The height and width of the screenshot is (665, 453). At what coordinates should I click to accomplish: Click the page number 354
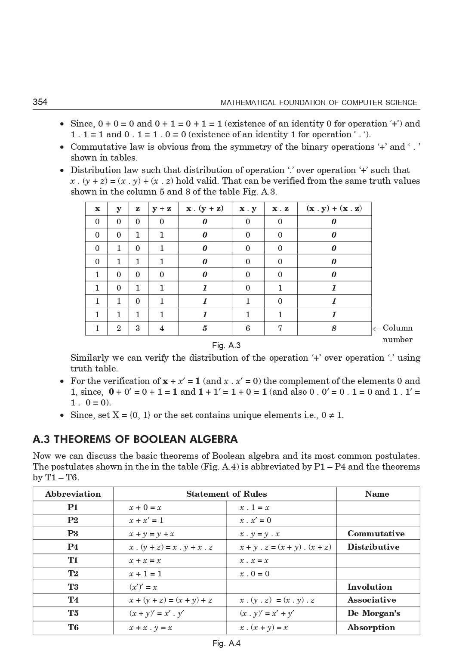click(x=40, y=102)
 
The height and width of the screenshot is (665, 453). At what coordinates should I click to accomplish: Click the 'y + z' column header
click(x=162, y=209)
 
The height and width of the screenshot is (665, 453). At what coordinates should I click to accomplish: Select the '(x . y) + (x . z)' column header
click(x=334, y=209)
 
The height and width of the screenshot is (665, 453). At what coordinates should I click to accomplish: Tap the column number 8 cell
click(x=334, y=328)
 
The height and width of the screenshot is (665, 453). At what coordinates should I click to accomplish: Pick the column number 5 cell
click(x=205, y=328)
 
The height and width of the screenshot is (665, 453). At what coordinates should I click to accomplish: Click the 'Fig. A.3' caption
click(x=226, y=346)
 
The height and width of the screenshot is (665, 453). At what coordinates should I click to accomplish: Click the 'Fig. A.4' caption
click(x=226, y=643)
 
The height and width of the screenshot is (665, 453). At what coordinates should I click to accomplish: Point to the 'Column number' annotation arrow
click(x=377, y=329)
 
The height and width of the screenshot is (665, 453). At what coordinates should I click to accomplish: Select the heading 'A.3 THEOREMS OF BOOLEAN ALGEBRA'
click(x=135, y=439)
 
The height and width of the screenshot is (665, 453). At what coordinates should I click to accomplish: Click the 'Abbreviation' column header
click(x=73, y=494)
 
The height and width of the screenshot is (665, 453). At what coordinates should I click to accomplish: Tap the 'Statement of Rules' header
click(x=226, y=494)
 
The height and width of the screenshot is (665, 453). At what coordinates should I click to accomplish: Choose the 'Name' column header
click(x=377, y=494)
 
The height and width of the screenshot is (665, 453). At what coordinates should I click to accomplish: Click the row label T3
click(x=73, y=587)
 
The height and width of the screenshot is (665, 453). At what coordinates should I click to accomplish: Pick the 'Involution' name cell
click(x=370, y=587)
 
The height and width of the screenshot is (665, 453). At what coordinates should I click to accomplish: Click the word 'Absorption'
click(x=371, y=628)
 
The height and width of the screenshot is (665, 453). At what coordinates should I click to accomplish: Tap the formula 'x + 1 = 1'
click(x=145, y=574)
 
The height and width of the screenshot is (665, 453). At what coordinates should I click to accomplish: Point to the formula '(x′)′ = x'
click(x=143, y=587)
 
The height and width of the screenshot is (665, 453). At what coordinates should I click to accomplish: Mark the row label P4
click(x=73, y=547)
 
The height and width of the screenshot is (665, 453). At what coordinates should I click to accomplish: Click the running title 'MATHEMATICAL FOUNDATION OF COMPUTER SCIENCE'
click(x=319, y=102)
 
